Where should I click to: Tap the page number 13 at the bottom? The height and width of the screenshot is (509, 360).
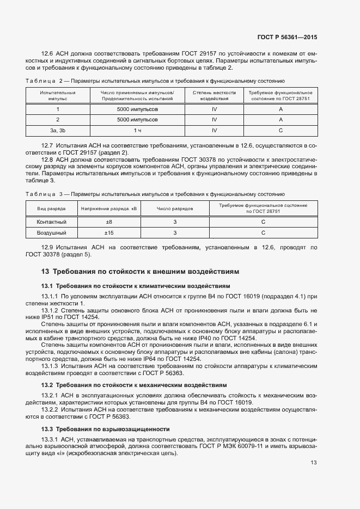[x=314, y=462]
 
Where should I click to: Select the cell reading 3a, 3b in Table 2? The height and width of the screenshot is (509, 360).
[x=57, y=131]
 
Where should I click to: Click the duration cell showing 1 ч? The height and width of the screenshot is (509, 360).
[x=137, y=131]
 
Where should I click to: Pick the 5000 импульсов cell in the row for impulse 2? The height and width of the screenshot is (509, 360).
[x=137, y=120]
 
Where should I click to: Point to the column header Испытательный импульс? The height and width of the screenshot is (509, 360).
[x=57, y=96]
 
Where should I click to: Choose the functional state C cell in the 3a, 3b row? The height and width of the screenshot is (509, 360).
[x=280, y=131]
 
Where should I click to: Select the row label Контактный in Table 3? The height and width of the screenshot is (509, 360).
[x=51, y=222]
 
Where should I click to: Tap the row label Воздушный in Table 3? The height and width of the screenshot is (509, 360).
[x=51, y=233]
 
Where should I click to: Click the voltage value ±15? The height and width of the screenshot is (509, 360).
[x=109, y=233]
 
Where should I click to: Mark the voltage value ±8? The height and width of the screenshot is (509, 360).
[x=109, y=222]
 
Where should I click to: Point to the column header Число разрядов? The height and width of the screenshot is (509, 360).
[x=175, y=208]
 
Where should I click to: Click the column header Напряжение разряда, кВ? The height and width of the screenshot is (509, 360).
[x=109, y=208]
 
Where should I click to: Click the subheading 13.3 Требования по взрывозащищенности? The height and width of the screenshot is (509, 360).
[x=105, y=429]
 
